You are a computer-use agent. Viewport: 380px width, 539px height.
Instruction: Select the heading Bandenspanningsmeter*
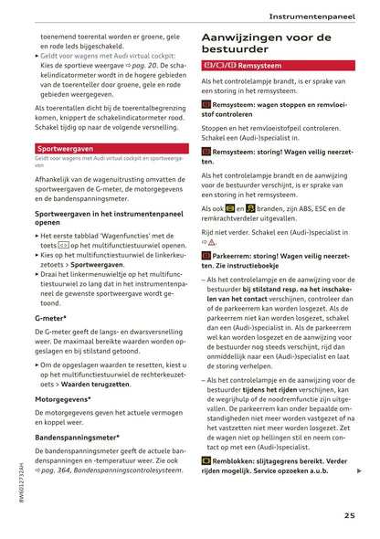(78, 438)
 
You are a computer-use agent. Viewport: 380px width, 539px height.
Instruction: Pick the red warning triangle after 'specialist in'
(212, 242)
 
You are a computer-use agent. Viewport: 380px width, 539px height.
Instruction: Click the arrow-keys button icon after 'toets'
(62, 246)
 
